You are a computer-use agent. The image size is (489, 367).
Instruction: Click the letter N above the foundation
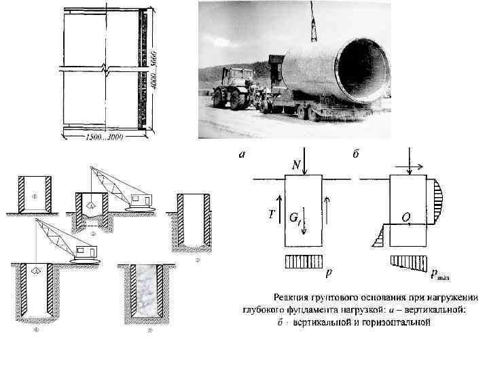296,165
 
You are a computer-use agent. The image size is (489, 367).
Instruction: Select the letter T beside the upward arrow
272,213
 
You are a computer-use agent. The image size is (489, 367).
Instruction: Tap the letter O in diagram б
405,217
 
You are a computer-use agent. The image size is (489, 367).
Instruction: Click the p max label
441,274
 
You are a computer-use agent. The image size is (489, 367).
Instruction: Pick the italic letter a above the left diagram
241,154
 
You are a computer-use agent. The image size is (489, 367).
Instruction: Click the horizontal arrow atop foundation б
416,164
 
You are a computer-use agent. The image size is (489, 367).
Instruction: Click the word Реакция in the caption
293,297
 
